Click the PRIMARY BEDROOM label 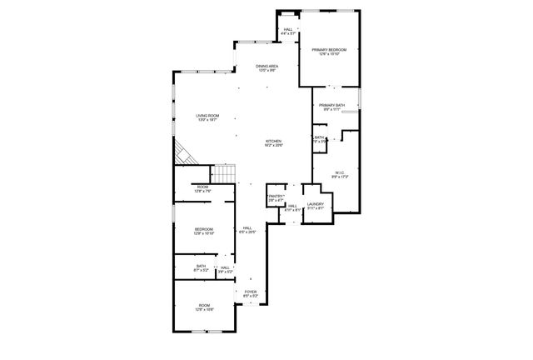coord(330,50)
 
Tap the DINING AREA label coord(266,66)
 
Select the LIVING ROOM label coord(207,115)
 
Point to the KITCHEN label coord(274,141)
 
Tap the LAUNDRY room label coord(315,204)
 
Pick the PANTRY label coord(276,196)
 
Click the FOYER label coord(250,292)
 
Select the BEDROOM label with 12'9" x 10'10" coord(204,229)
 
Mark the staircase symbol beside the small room coord(224,174)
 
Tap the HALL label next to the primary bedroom coord(288,30)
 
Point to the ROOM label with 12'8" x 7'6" coord(202,187)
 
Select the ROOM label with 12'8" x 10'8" coord(204,306)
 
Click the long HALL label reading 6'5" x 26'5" coord(247,228)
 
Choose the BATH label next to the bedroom coord(201,267)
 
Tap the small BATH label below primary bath coord(319,137)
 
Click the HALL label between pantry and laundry coord(293,206)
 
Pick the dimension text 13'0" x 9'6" coord(266,70)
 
